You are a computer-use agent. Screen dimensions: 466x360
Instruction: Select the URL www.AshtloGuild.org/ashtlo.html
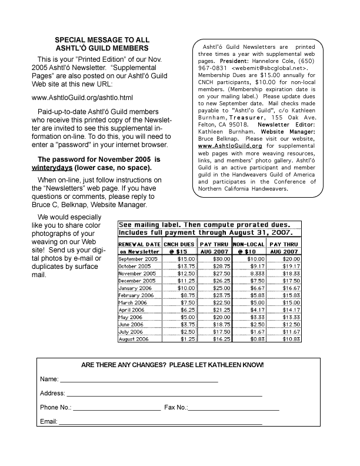coord(82,97)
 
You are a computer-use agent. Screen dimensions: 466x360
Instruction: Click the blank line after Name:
coord(139,378)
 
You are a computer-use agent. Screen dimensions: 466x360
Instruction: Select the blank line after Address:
coord(164,393)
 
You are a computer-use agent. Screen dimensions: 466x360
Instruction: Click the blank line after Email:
coord(160,422)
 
